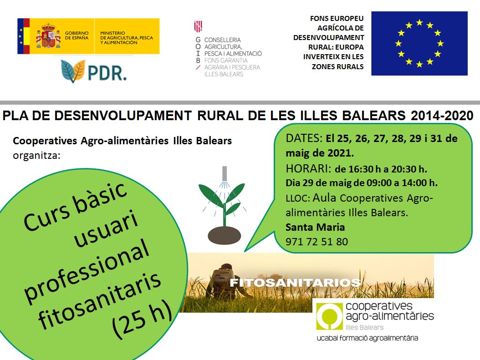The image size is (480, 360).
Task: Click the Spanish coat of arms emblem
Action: click(48, 35)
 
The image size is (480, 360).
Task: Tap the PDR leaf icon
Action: click(73, 71)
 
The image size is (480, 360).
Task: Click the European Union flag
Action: click(419, 43)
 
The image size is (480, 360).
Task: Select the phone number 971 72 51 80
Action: click(317, 242)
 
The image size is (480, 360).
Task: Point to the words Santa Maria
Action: click(315, 227)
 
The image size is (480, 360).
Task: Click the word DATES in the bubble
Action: click(303, 138)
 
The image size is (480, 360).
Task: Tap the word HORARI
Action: click(307, 168)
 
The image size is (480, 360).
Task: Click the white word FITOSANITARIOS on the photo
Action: click(295, 282)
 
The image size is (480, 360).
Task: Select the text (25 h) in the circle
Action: click(142, 319)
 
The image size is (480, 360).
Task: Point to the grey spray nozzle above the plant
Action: click(225, 173)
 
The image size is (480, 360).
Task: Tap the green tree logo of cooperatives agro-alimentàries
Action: click(329, 316)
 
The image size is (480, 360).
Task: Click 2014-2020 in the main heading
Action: click(442, 116)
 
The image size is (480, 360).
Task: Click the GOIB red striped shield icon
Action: click(198, 26)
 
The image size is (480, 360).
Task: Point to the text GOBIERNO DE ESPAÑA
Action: click(77, 35)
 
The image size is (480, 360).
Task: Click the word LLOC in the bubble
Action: click(298, 198)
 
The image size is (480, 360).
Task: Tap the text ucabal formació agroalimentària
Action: click(368, 338)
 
